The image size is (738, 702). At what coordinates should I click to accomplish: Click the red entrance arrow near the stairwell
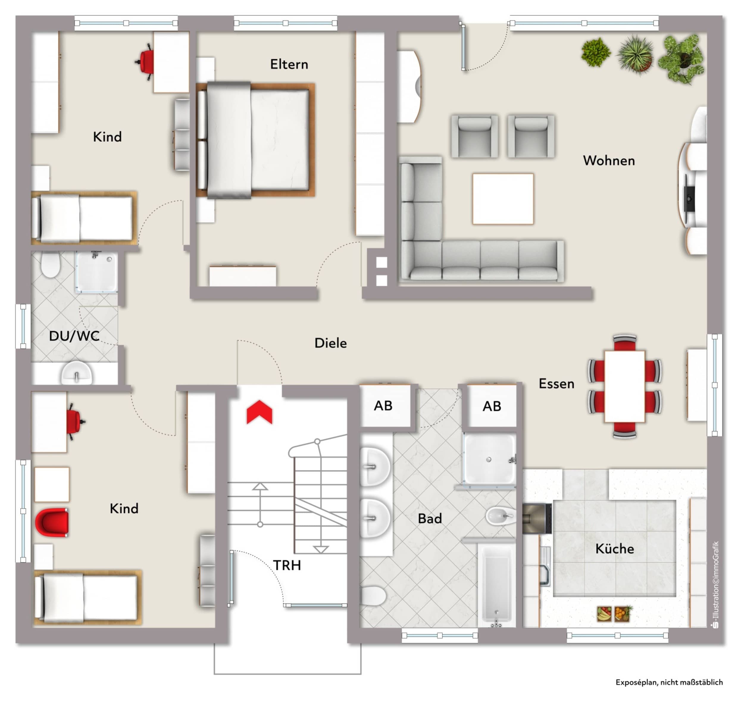click(259, 412)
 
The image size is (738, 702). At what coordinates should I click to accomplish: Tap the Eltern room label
click(289, 64)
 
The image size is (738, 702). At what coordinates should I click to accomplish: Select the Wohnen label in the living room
click(609, 161)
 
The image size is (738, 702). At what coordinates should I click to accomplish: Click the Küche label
click(615, 549)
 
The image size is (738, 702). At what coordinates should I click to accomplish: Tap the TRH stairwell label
click(287, 565)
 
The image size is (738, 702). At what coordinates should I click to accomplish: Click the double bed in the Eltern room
click(255, 140)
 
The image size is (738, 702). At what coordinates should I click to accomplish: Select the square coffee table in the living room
click(503, 199)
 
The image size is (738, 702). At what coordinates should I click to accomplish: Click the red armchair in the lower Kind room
click(52, 522)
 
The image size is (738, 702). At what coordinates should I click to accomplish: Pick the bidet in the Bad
click(501, 516)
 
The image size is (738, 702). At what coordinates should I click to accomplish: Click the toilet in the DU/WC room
click(51, 264)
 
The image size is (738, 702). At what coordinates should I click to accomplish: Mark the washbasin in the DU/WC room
click(76, 373)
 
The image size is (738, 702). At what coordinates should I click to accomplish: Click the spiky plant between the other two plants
click(635, 54)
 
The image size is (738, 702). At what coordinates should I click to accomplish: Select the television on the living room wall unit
click(688, 198)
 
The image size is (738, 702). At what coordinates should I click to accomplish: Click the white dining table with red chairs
click(624, 386)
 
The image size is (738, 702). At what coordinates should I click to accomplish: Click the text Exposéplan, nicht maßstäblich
click(669, 682)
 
